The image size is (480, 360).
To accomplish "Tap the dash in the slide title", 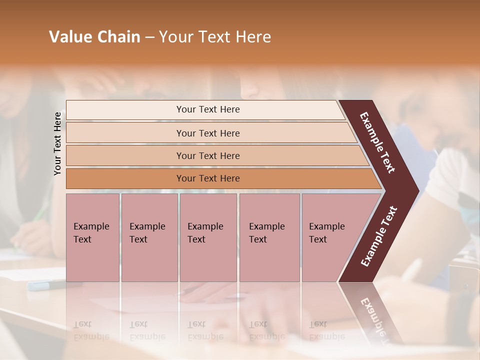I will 149,37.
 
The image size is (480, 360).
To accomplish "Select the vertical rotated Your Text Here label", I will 57,143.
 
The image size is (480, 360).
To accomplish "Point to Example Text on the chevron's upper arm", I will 377,142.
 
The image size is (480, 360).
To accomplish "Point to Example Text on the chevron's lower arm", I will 379,236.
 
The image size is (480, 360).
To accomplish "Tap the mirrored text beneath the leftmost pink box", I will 91,330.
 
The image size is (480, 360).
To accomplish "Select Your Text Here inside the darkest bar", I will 208,178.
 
